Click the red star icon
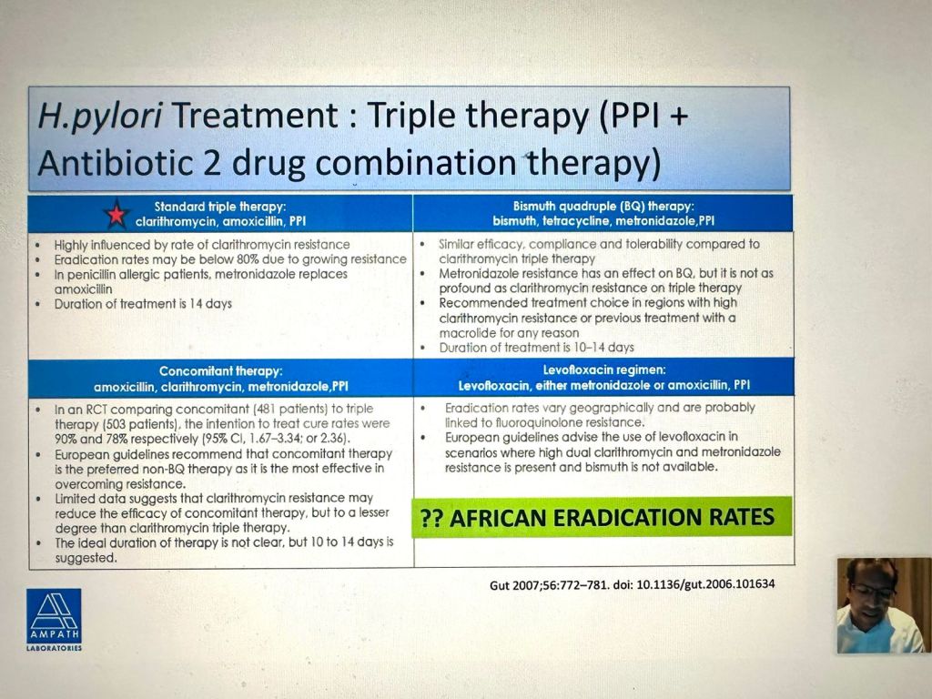(116, 214)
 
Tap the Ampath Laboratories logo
(54, 619)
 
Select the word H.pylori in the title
(100, 116)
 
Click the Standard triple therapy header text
(220, 207)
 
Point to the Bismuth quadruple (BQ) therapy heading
(603, 207)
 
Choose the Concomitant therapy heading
(220, 371)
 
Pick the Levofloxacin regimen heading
(604, 370)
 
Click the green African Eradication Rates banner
(602, 517)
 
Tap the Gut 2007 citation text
(632, 585)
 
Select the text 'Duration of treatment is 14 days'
(143, 304)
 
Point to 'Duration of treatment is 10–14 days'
(536, 348)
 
